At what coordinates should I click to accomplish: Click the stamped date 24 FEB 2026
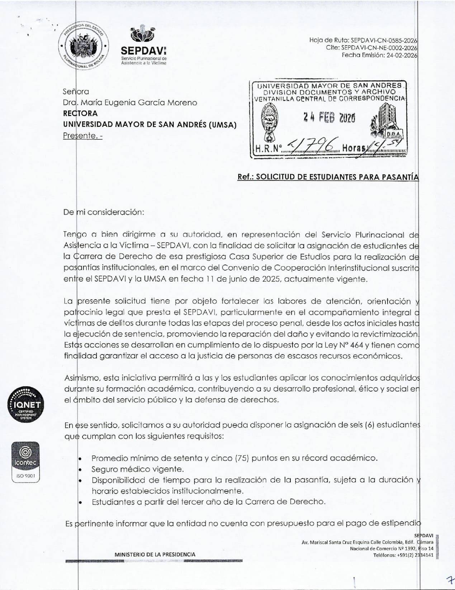[x=329, y=117]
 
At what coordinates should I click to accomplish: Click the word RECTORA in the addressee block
[x=80, y=113]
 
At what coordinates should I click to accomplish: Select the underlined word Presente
[x=83, y=136]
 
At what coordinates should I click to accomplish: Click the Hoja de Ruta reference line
[x=363, y=41]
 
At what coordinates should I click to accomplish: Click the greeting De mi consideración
[x=104, y=212]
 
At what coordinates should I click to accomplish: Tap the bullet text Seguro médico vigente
[x=138, y=469]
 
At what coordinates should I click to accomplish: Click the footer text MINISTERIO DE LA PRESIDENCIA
[x=155, y=555]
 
